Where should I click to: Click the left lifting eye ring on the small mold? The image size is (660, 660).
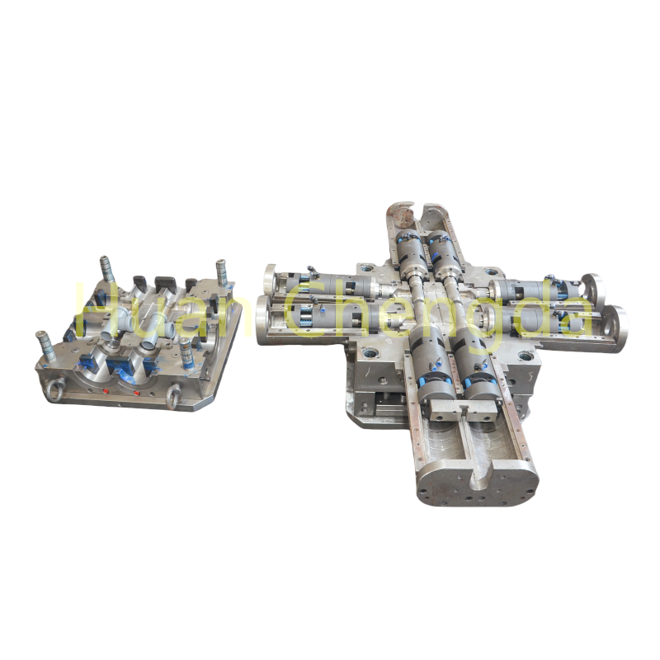(x=54, y=390)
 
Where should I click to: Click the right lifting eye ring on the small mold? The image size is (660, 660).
(x=174, y=397)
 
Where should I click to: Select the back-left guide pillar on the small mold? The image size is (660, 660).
(x=106, y=269)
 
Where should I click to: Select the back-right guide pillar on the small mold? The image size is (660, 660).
(x=221, y=272)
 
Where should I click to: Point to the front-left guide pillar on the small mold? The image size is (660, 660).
(x=42, y=343)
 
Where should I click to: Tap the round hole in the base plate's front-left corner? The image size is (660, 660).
(x=368, y=353)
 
